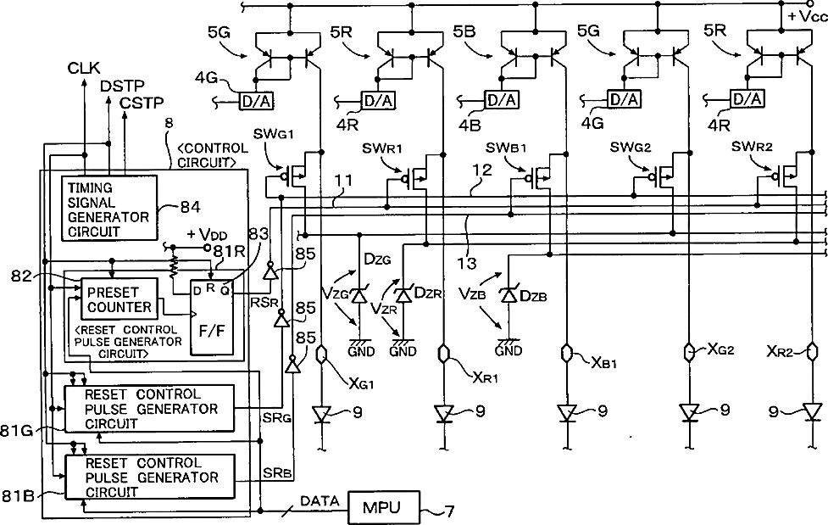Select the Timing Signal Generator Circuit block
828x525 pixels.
(x=109, y=209)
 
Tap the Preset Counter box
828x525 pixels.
(x=119, y=299)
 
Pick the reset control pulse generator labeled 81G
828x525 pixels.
(x=149, y=409)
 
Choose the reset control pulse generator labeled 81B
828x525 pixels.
(x=149, y=477)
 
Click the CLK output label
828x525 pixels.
(x=83, y=68)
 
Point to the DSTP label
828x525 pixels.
(x=122, y=86)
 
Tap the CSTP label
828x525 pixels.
(x=142, y=103)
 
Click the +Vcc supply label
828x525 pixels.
(x=807, y=16)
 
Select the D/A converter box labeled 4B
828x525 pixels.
(x=502, y=99)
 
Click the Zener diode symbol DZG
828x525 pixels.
(x=359, y=295)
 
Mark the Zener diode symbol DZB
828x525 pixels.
(x=508, y=295)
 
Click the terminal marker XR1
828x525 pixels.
(x=443, y=353)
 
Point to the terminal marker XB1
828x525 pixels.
(x=567, y=353)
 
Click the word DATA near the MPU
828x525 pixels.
(x=320, y=500)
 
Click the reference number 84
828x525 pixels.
(x=190, y=207)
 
